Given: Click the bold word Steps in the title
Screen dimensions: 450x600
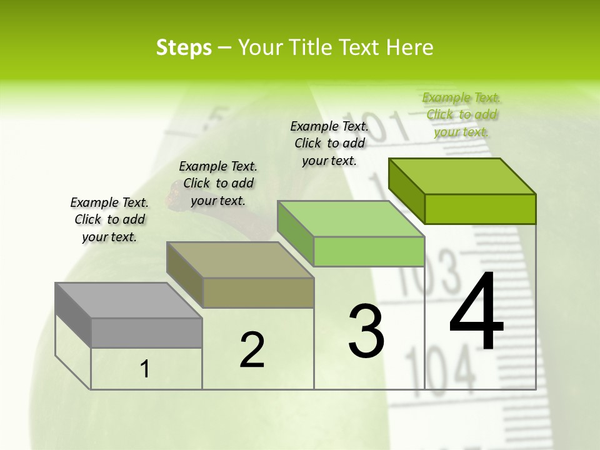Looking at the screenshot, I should (x=184, y=48).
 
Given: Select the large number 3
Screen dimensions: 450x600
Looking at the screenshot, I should (x=366, y=331).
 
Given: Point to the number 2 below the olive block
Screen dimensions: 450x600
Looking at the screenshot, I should (x=252, y=350).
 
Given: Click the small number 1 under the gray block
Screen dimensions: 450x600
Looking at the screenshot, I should (x=145, y=369).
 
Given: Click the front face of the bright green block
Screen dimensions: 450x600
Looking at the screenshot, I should (x=480, y=209).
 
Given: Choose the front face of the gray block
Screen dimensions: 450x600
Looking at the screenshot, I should (x=146, y=332).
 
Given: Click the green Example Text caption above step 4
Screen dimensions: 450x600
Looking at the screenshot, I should (x=461, y=114).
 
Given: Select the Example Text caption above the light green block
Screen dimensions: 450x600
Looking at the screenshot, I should (x=329, y=143).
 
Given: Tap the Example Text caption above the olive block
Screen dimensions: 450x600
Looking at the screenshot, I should (x=218, y=183).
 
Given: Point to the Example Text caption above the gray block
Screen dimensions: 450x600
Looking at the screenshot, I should (x=109, y=219).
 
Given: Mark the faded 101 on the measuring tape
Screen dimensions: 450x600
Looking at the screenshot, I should (x=381, y=125).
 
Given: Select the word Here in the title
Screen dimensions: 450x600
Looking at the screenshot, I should (x=410, y=48).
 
